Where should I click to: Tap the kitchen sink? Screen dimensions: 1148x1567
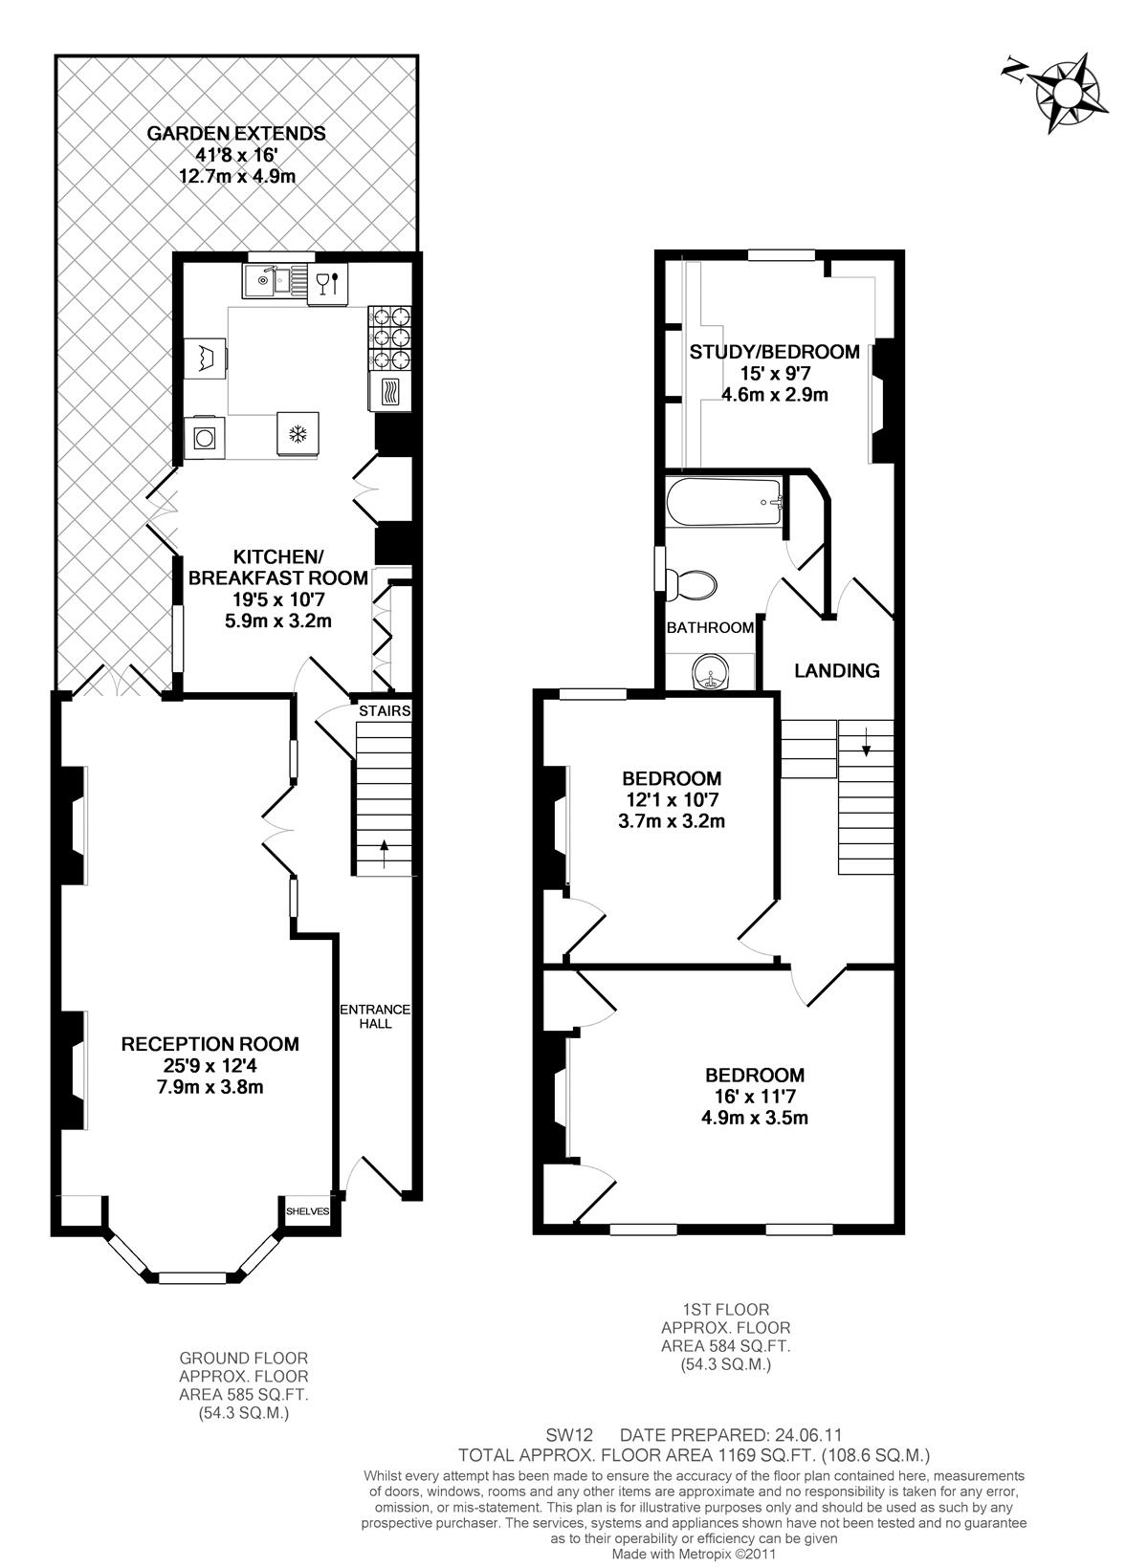[276, 281]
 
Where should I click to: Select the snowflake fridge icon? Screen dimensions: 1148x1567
[298, 434]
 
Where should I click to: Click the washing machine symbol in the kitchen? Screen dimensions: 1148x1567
[205, 438]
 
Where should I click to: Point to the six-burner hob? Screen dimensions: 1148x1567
[389, 338]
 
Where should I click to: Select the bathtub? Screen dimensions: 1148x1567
[724, 502]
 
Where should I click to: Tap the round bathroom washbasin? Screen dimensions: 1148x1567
[712, 673]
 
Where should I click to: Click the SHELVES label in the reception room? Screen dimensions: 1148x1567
[307, 1211]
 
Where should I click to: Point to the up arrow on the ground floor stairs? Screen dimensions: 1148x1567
[384, 854]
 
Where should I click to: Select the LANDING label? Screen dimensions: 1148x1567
[836, 671]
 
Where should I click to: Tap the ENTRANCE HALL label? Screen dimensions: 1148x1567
[374, 1016]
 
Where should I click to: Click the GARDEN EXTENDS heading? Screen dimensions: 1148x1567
[236, 133]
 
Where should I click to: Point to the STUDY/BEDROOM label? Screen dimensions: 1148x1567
[774, 352]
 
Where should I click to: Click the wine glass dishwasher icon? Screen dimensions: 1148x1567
[327, 283]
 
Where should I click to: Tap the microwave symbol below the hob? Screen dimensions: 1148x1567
[389, 392]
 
